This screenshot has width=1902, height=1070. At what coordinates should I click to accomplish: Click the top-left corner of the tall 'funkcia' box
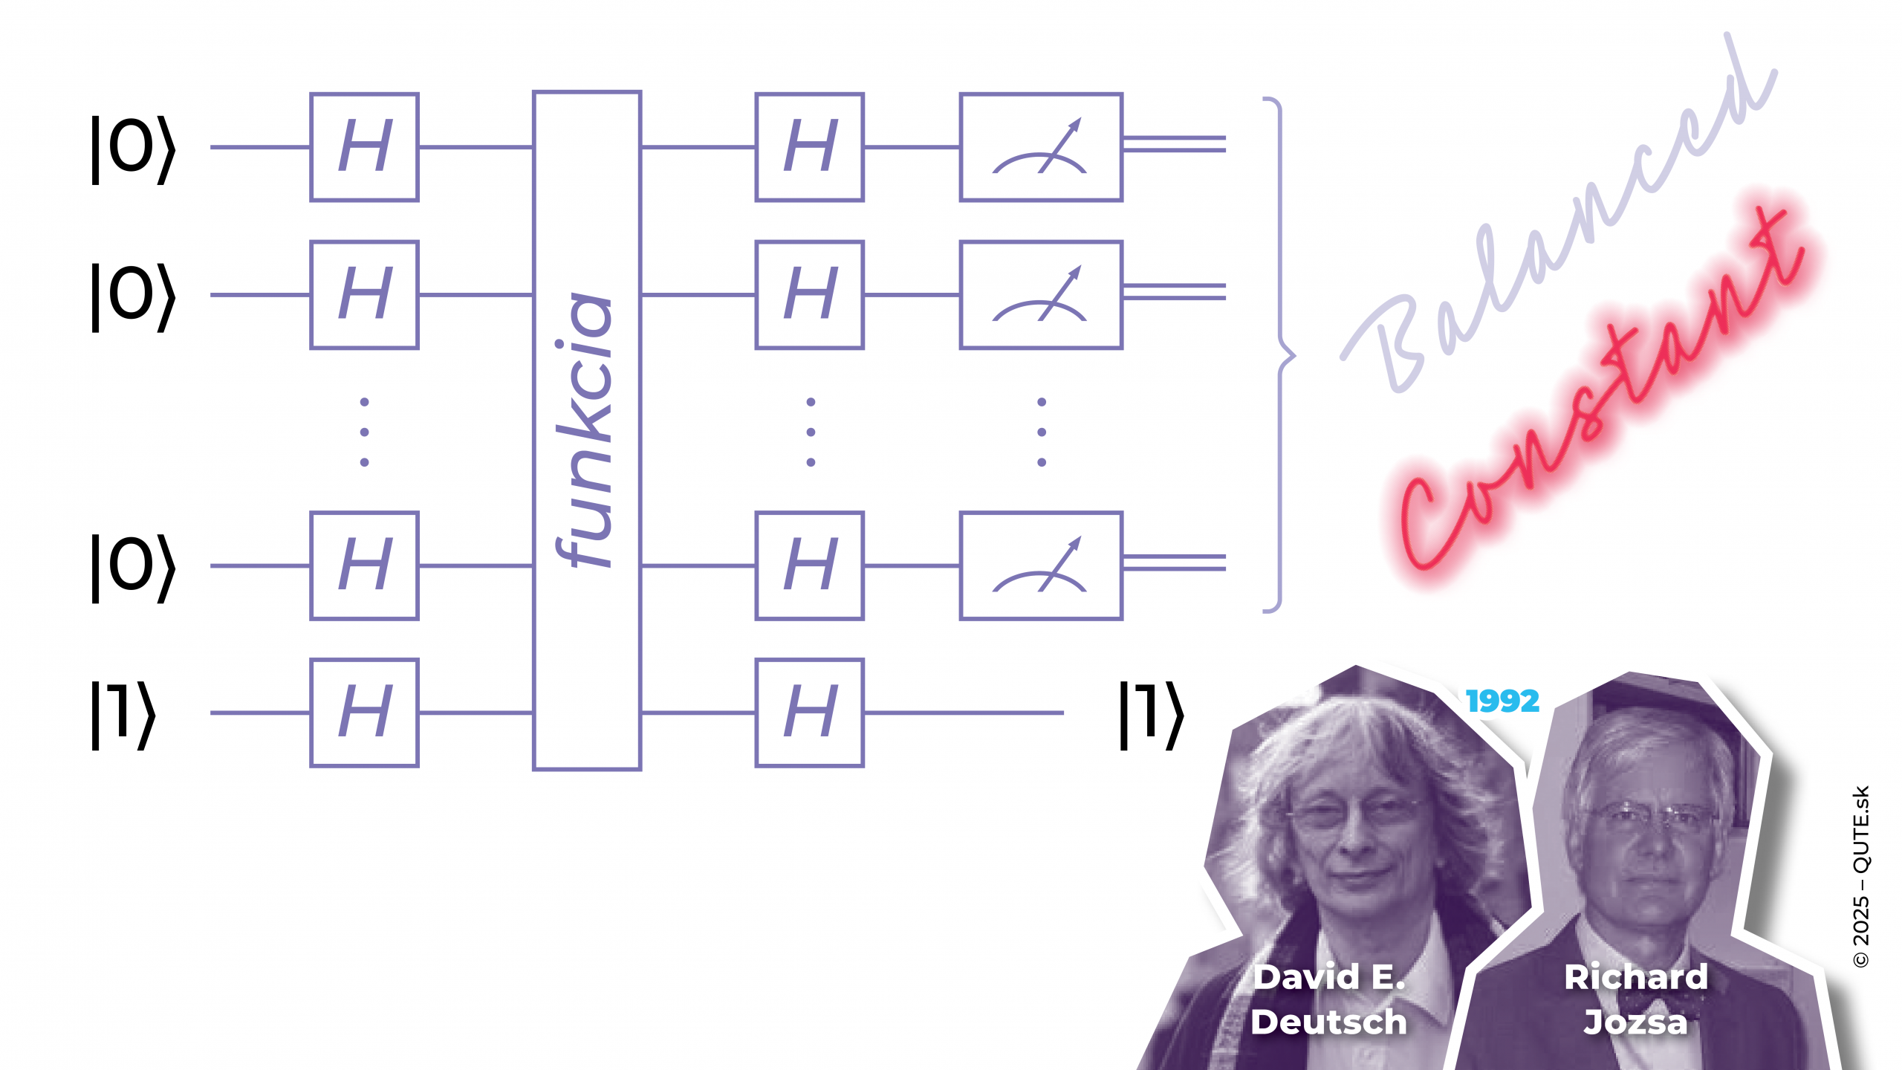point(533,92)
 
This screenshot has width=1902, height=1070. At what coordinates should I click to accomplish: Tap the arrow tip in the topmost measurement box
point(1080,120)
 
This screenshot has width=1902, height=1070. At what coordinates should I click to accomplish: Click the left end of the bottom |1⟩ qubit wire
point(211,713)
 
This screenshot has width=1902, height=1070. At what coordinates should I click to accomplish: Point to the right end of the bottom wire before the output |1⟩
point(1064,713)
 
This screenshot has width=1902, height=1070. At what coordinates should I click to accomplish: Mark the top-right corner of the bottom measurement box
point(1122,512)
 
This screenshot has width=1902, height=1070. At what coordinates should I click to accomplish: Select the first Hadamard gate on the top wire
point(364,147)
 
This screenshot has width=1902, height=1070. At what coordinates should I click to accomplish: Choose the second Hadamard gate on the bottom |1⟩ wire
point(810,713)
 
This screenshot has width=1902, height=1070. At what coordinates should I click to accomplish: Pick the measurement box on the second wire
point(1041,295)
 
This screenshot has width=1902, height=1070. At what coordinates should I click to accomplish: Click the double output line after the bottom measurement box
point(1175,562)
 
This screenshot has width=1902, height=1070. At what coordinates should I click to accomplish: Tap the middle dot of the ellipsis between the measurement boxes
point(1042,432)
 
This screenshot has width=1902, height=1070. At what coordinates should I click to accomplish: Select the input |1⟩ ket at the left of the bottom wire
point(123,713)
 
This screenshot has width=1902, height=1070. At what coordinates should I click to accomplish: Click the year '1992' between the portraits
point(1502,701)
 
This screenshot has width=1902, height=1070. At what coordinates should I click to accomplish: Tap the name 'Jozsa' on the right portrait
point(1635,1022)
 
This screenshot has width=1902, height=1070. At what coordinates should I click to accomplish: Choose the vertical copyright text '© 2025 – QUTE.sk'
point(1861,876)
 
